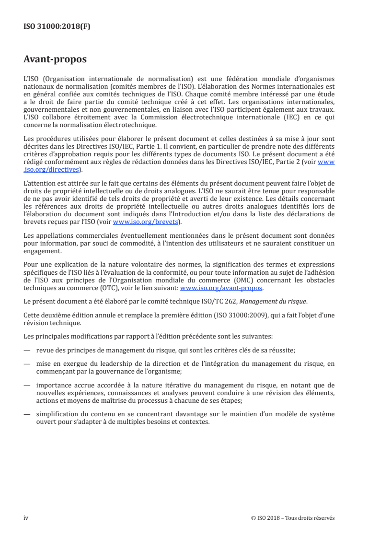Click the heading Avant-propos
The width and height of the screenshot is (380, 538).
coord(55,60)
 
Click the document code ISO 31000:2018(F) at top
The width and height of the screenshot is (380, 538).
coord(57,26)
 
